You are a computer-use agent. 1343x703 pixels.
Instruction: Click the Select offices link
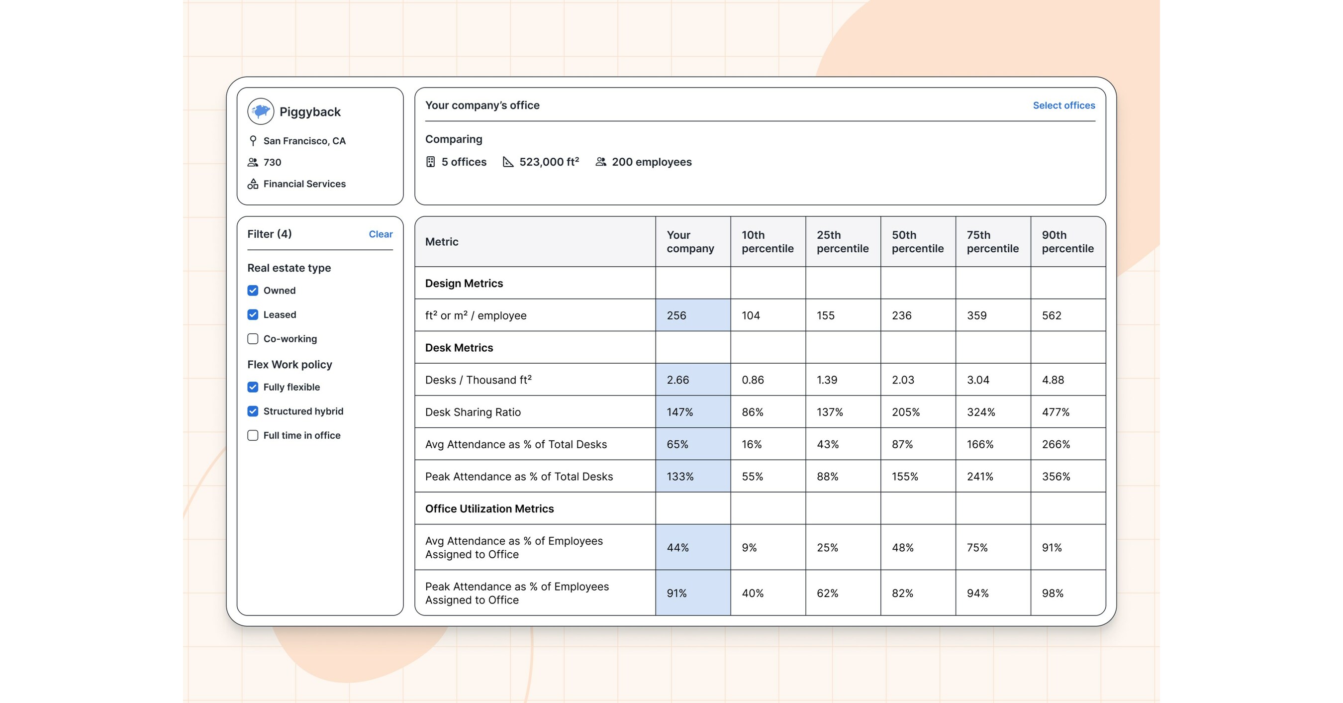pyautogui.click(x=1063, y=105)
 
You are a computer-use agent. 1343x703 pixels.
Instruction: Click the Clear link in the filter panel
pyautogui.click(x=380, y=234)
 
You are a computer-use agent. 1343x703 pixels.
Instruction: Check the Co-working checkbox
pyautogui.click(x=253, y=339)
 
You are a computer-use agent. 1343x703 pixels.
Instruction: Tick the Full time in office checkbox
pyautogui.click(x=253, y=435)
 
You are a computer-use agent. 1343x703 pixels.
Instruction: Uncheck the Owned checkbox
pyautogui.click(x=253, y=291)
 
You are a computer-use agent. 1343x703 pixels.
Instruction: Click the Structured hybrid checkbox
pyautogui.click(x=253, y=411)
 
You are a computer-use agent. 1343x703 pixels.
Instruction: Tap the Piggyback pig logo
pyautogui.click(x=261, y=111)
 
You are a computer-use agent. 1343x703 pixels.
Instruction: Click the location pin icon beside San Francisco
pyautogui.click(x=253, y=141)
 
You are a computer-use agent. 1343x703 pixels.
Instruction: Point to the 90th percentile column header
pyautogui.click(x=1067, y=241)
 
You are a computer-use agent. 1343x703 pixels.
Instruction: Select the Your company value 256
pyautogui.click(x=676, y=315)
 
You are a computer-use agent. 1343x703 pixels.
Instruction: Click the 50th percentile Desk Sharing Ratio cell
pyautogui.click(x=906, y=412)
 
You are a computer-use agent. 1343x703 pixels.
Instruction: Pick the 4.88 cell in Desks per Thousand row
pyautogui.click(x=1053, y=380)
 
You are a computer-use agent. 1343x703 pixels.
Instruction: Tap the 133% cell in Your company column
pyautogui.click(x=680, y=477)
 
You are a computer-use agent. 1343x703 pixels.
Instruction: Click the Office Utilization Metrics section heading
pyautogui.click(x=489, y=508)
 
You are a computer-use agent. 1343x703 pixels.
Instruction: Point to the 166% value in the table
pyautogui.click(x=979, y=444)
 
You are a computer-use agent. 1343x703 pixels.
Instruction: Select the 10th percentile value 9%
pyautogui.click(x=749, y=548)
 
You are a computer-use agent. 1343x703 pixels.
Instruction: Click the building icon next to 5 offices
pyautogui.click(x=430, y=162)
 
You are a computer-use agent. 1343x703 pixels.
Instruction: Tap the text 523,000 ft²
pyautogui.click(x=549, y=162)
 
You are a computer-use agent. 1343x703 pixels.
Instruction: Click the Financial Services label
pyautogui.click(x=304, y=184)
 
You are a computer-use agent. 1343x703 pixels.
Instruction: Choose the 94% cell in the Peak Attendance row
pyautogui.click(x=977, y=594)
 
